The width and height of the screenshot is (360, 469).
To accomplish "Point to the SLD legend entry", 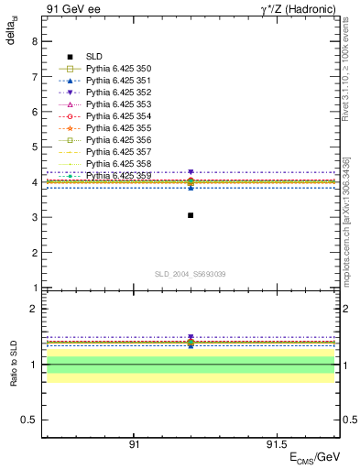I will click(94, 56).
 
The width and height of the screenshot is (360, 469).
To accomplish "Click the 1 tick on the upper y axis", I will click(36, 289).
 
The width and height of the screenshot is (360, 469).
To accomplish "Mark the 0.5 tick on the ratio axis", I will click(31, 420).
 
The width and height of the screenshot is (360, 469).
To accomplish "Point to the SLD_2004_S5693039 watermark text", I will click(190, 275).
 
